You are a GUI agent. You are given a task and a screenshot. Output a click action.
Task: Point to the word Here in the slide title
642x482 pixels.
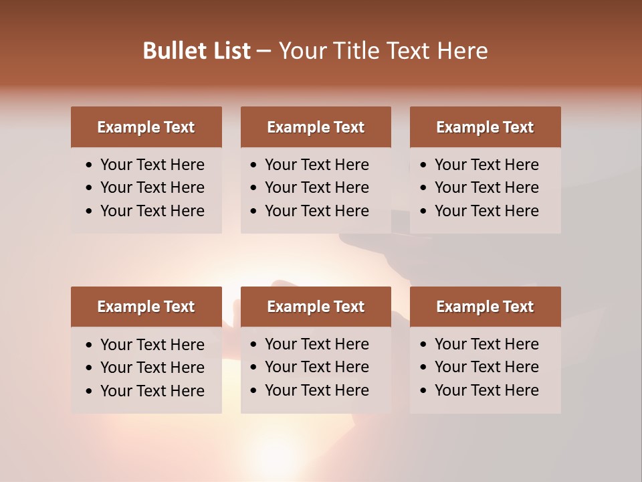tap(462, 50)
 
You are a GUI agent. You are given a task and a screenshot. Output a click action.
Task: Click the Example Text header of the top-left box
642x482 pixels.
tap(146, 127)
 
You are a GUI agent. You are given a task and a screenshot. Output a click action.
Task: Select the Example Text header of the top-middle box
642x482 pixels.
tap(316, 127)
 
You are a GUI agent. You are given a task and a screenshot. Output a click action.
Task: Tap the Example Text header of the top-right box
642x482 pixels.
tap(485, 127)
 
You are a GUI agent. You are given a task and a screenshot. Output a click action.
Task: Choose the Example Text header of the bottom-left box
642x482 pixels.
tap(146, 307)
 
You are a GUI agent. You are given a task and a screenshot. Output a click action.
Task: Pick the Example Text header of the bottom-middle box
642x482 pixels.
tap(316, 307)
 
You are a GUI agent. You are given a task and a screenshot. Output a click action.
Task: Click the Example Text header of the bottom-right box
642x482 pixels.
tap(485, 307)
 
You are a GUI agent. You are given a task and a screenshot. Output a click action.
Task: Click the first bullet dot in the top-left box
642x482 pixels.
tap(90, 165)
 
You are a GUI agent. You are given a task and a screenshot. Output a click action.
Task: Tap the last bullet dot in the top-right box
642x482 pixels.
tap(424, 212)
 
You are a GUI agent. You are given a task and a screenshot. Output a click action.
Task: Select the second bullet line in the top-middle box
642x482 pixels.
tap(316, 187)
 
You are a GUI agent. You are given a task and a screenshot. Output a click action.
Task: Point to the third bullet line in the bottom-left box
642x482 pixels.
tap(152, 390)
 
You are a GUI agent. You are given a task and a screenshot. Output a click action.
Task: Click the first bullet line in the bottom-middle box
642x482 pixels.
tap(316, 344)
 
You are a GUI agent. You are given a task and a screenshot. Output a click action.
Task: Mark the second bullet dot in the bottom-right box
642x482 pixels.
tap(424, 368)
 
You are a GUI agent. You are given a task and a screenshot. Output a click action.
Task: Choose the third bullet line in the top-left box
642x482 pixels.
tap(152, 211)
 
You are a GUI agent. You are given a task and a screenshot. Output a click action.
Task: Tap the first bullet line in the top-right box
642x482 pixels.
tap(486, 165)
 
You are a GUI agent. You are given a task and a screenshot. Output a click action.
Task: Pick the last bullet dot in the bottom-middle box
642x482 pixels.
tap(254, 391)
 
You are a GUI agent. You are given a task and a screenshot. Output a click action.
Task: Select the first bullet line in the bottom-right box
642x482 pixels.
tap(486, 344)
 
